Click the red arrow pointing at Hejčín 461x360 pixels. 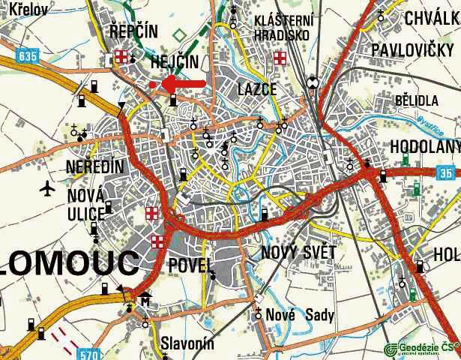[184, 82]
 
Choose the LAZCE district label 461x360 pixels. [257, 89]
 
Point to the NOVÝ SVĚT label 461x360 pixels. [299, 253]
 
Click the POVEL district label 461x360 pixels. [192, 265]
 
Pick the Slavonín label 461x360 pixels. [187, 344]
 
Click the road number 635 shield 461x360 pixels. [28, 55]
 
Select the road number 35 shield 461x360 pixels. [446, 173]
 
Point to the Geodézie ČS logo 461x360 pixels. [421, 348]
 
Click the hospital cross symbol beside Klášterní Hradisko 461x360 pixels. [280, 58]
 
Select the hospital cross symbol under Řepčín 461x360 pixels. [121, 57]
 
